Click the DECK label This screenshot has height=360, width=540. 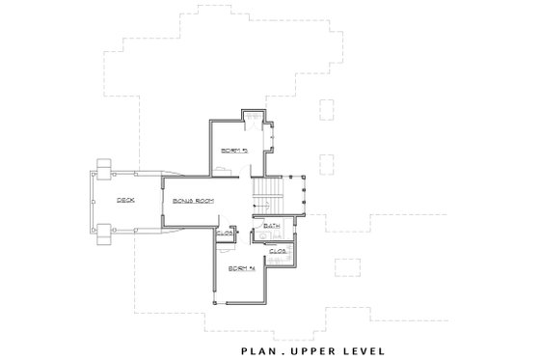tap(125, 201)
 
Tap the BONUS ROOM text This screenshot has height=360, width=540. tap(192, 201)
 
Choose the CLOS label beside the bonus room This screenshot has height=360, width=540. tap(225, 233)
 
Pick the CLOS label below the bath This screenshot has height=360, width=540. tap(278, 251)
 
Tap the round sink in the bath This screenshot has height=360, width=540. tap(261, 235)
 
